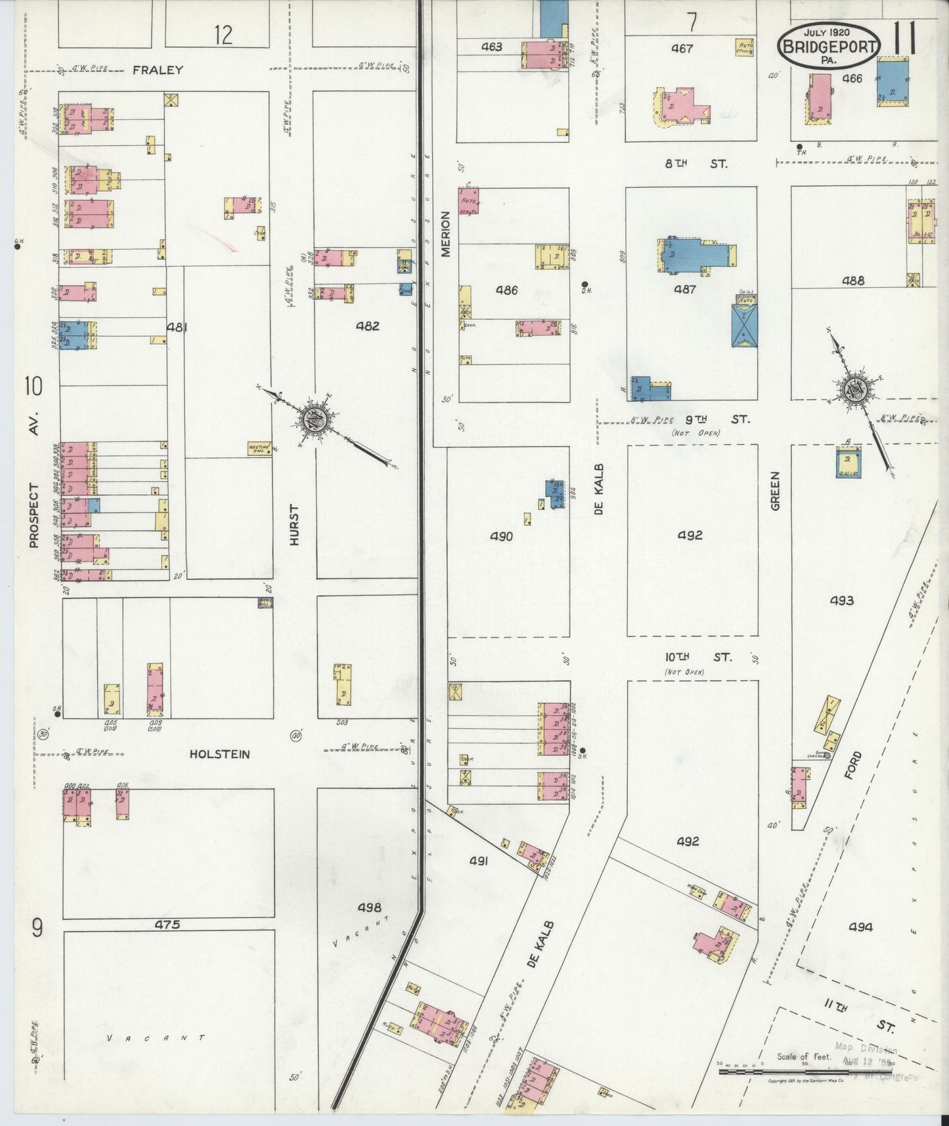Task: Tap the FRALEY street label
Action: point(158,70)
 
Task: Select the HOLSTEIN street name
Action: point(219,754)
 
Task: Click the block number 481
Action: point(177,327)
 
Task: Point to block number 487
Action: point(684,289)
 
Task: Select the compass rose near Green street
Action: point(856,390)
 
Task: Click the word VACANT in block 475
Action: point(156,1039)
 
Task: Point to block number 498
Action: point(369,907)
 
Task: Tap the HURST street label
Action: point(294,525)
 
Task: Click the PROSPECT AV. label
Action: point(34,480)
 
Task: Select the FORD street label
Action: point(852,765)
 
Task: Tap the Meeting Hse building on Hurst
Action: point(259,449)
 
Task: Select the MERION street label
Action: point(446,233)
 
